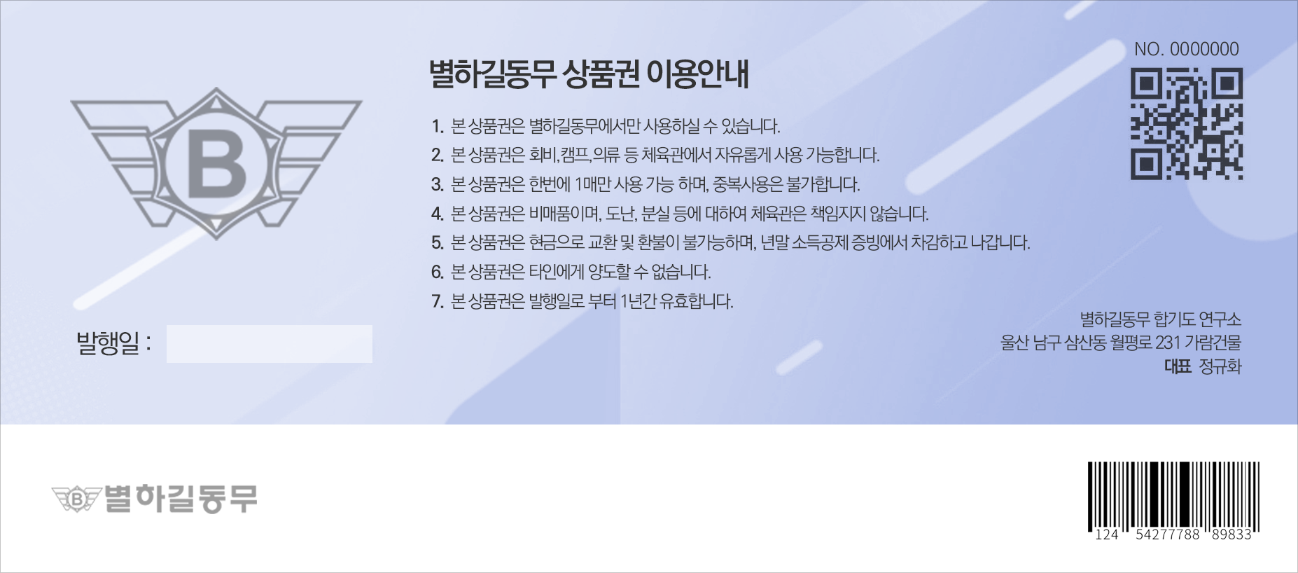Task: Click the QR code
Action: [x=1187, y=123]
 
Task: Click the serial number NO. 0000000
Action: [x=1187, y=49]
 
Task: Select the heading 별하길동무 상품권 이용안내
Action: [x=589, y=74]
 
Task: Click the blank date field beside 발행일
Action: [x=269, y=344]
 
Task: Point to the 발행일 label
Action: [x=113, y=343]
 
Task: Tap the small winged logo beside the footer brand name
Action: [x=76, y=499]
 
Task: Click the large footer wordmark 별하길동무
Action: [x=181, y=499]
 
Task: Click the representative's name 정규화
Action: [x=1220, y=366]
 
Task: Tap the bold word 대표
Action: [x=1178, y=366]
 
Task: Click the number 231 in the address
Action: [x=1168, y=343]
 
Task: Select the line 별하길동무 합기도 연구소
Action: [x=1160, y=319]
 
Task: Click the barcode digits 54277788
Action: [x=1167, y=535]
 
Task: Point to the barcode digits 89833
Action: [x=1231, y=535]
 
